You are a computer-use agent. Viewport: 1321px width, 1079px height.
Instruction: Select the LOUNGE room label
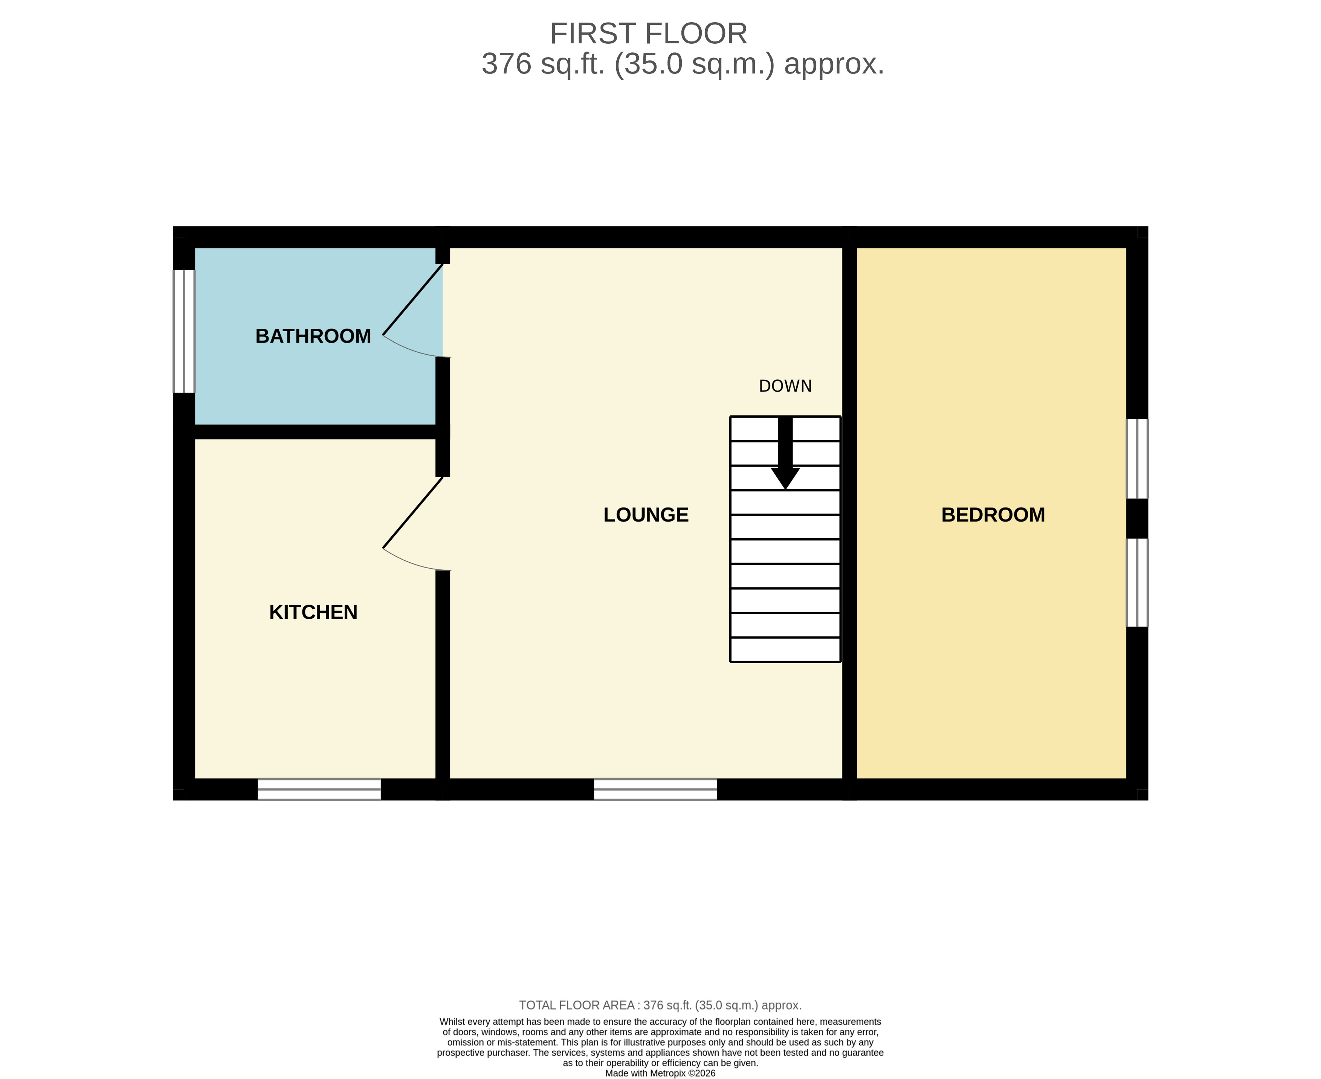pos(646,515)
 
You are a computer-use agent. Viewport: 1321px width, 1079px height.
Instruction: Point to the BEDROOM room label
pos(993,515)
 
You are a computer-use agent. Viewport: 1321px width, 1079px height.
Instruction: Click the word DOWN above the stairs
pos(785,386)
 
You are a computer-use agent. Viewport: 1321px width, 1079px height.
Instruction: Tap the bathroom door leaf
pos(413,300)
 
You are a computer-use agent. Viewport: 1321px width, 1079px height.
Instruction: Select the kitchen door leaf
pos(413,513)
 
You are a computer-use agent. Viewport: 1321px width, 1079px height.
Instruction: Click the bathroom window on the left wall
pos(184,331)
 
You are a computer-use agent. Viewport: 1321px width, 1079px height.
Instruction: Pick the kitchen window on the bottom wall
pos(319,789)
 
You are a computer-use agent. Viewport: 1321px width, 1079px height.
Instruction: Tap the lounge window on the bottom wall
pos(655,789)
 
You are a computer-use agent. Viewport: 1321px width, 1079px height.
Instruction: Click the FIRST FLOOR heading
pos(648,34)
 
